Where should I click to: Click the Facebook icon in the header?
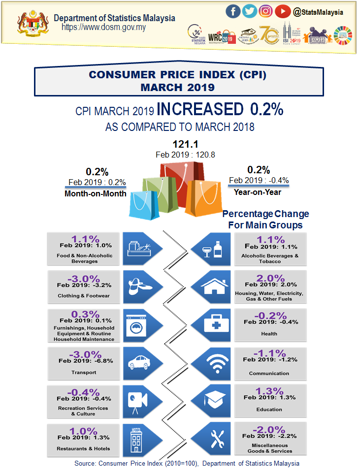click(233, 11)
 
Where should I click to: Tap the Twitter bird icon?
click(250, 11)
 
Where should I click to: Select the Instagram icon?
click(266, 11)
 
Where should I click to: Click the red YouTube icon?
click(282, 11)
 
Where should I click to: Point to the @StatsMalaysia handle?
click(318, 11)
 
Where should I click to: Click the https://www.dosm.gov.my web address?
click(103, 27)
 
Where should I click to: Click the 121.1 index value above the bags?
click(185, 145)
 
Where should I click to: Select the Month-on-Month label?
click(96, 194)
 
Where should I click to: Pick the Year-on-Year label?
click(258, 192)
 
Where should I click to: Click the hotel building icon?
click(136, 439)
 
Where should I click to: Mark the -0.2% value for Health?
click(270, 316)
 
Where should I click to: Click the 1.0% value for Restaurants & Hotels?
click(83, 431)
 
